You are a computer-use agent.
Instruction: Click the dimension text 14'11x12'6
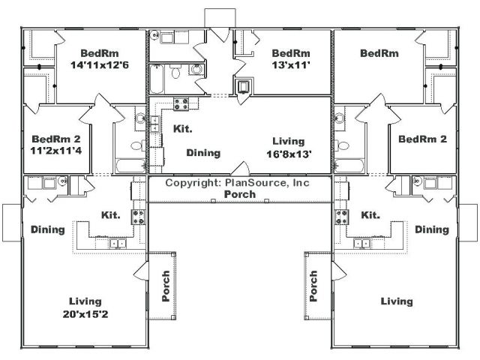[x=100, y=65]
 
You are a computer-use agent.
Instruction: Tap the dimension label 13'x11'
[x=291, y=65]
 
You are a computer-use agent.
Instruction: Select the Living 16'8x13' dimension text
[x=289, y=154]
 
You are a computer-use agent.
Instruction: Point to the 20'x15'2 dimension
[x=85, y=314]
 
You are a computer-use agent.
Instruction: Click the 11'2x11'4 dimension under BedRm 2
[x=56, y=151]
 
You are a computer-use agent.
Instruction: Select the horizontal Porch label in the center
[x=240, y=194]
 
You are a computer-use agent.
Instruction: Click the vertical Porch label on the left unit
[x=166, y=286]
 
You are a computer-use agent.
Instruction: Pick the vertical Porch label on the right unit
[x=313, y=286]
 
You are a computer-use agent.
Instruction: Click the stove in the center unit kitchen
[x=181, y=103]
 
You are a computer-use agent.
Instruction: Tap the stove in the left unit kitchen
[x=138, y=217]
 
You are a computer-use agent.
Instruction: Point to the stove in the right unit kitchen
[x=342, y=217]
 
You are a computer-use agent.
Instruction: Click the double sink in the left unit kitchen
[x=118, y=244]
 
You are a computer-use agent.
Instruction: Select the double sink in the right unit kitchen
[x=361, y=244]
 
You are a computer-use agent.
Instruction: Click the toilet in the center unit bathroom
[x=175, y=72]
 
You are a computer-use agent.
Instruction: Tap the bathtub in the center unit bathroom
[x=157, y=79]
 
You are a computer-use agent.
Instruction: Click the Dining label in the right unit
[x=432, y=229]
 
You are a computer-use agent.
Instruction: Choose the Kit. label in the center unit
[x=183, y=129]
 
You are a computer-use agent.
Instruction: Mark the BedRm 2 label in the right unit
[x=422, y=139]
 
